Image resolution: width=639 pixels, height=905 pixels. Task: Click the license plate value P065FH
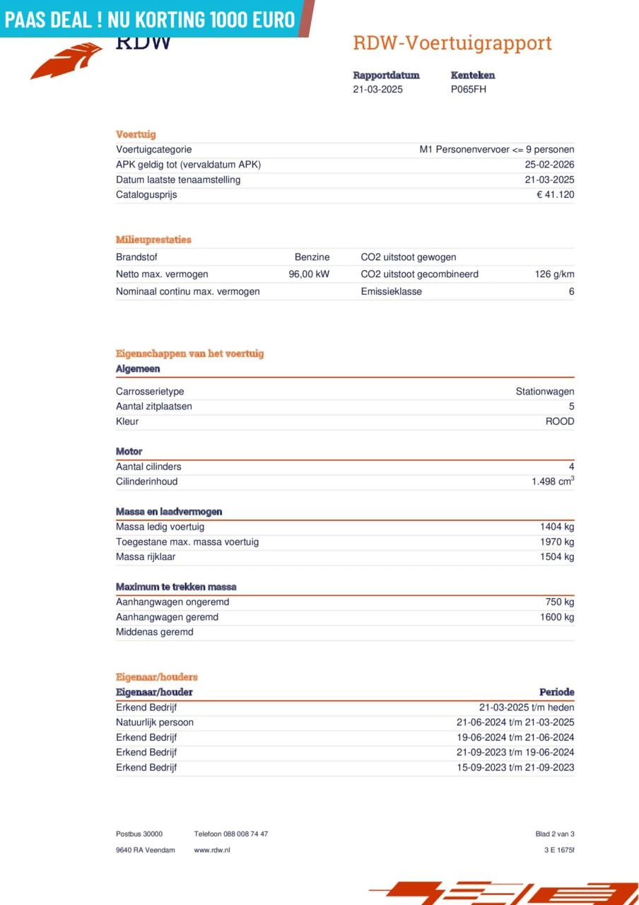[468, 90]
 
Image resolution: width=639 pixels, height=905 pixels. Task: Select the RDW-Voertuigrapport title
[452, 43]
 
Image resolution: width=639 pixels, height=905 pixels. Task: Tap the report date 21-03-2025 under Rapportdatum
[377, 90]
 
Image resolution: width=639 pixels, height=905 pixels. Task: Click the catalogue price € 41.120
[555, 195]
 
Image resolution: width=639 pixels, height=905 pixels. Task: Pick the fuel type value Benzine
[312, 257]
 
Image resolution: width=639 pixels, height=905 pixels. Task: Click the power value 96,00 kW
[309, 274]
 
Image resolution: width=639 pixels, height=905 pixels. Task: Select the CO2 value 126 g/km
[554, 274]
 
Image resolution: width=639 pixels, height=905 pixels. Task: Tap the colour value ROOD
[560, 421]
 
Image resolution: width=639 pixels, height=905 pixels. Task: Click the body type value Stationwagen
[544, 392]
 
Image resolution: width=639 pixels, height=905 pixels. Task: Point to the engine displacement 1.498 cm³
[553, 481]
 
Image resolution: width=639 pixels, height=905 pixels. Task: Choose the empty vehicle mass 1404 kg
[557, 527]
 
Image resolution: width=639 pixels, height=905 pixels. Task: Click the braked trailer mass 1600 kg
[557, 617]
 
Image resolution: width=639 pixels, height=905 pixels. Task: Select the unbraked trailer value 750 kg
[560, 602]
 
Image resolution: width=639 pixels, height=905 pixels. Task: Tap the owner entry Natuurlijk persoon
[155, 723]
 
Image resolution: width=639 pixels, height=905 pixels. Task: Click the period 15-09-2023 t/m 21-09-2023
[515, 768]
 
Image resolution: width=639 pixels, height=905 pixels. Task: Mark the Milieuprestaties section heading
[153, 240]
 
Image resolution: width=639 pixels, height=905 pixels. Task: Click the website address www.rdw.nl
[212, 850]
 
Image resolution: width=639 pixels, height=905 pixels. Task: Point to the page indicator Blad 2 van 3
[555, 834]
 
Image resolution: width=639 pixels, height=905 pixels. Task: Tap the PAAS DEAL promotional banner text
[149, 19]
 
